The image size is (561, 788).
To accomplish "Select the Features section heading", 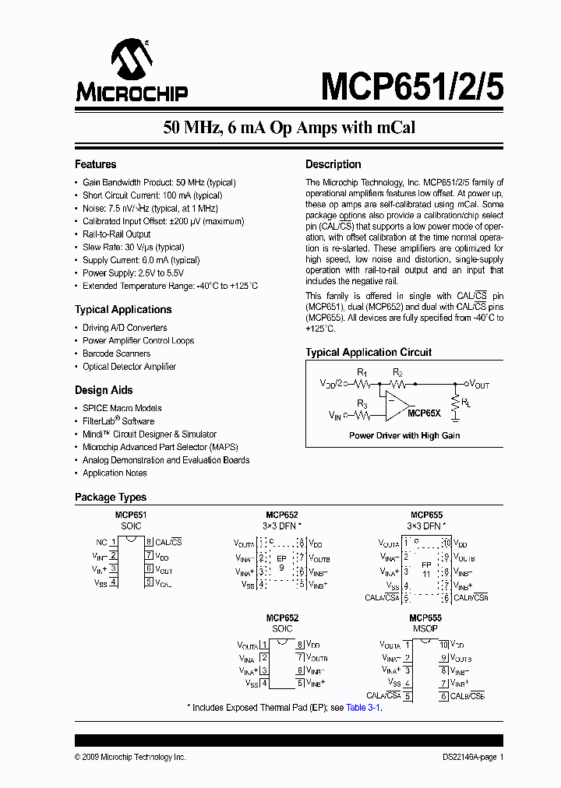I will click(95, 164).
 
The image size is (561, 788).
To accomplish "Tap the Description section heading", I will click(333, 164).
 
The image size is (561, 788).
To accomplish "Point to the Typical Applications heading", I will click(123, 309).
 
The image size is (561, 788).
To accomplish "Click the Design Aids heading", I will click(104, 390).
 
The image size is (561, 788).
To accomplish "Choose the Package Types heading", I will click(110, 497).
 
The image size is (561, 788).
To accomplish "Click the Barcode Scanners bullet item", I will click(116, 354).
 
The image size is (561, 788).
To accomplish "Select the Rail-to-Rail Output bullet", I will click(116, 234).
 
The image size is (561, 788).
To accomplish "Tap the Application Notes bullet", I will click(115, 473).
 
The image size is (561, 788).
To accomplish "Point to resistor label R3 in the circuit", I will click(363, 403).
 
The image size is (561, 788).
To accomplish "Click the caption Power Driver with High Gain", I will click(404, 436).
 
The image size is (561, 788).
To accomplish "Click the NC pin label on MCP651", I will click(101, 542).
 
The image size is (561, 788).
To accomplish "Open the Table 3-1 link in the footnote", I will click(363, 707).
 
